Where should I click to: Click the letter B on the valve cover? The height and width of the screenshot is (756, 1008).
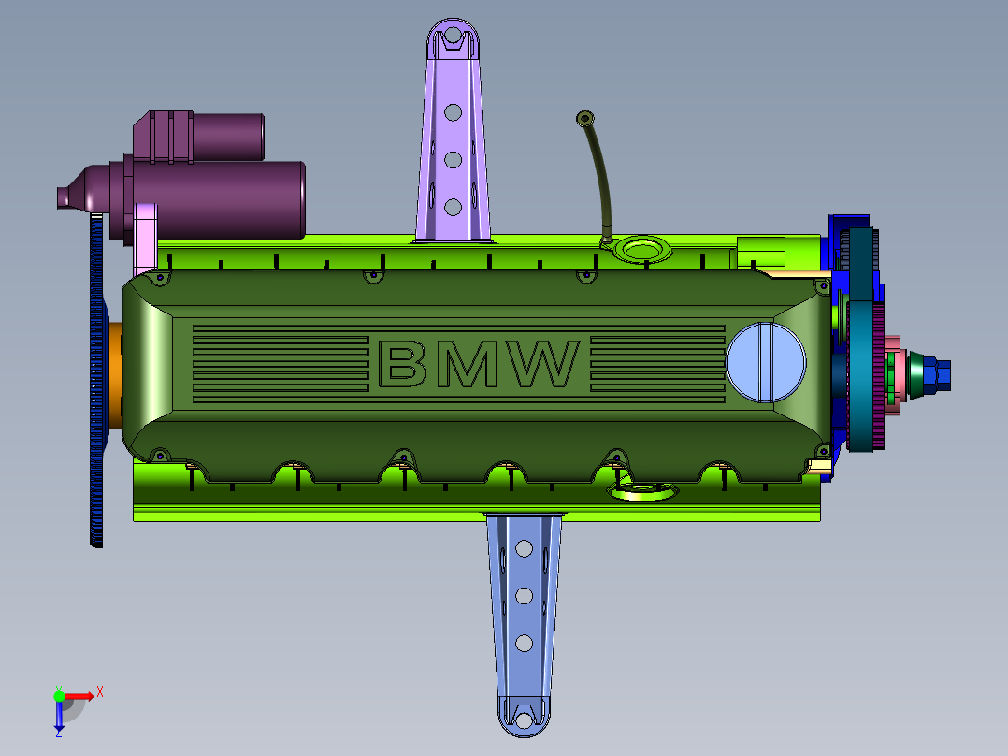coord(402,364)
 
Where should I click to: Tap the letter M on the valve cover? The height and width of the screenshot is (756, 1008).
coord(467,364)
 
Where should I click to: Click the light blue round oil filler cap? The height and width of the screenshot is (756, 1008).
coord(766,362)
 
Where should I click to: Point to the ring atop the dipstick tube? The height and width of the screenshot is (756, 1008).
coord(584,119)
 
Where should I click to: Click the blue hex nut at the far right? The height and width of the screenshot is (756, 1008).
coord(937,375)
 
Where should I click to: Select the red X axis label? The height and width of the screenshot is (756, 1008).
coord(100,692)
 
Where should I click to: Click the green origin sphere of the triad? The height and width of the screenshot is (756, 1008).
coord(59,696)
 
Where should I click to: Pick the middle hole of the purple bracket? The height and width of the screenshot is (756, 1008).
coord(453,160)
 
